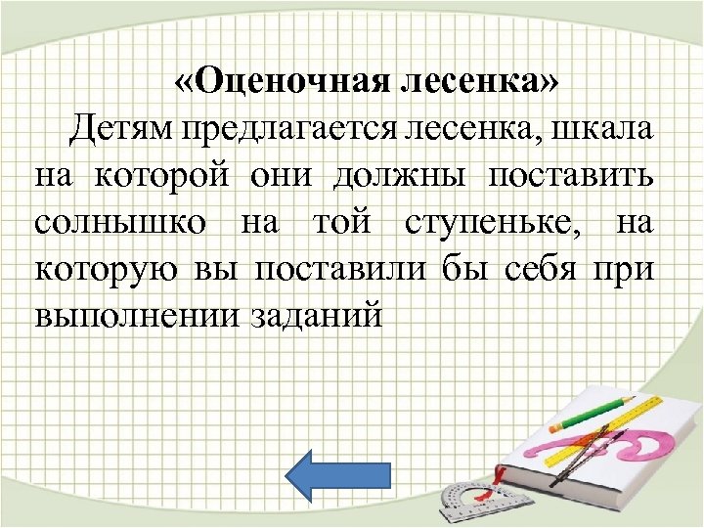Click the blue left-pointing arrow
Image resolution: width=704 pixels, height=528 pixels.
pyautogui.click(x=337, y=474)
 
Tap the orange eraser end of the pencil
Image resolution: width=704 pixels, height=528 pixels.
pyautogui.click(x=556, y=426)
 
